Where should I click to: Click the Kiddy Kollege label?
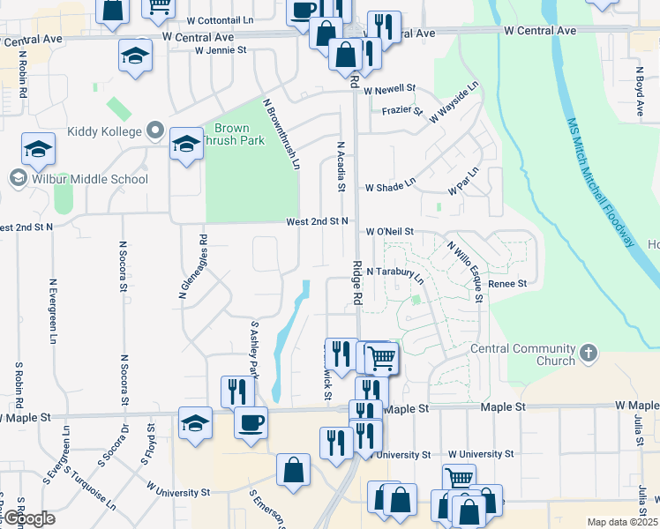tap(104, 131)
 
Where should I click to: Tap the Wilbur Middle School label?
tap(86, 179)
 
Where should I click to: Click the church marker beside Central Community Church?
tap(590, 354)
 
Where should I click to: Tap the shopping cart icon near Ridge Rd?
tap(381, 358)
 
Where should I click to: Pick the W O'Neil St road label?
tap(390, 232)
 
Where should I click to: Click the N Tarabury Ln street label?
tap(394, 275)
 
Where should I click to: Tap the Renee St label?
tap(506, 284)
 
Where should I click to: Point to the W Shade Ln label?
tap(390, 186)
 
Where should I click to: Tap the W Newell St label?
tap(389, 89)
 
